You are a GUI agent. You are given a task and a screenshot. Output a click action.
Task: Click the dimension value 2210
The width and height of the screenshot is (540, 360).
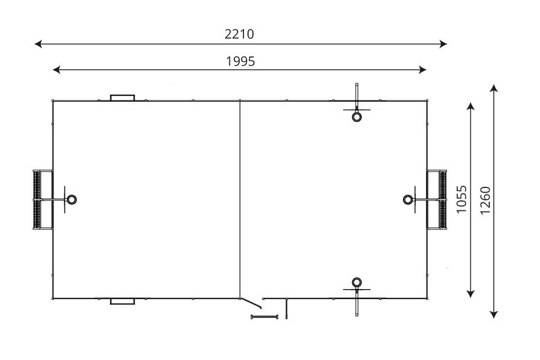click(x=239, y=34)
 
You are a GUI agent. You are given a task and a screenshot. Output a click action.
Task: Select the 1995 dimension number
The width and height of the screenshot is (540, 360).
click(x=240, y=61)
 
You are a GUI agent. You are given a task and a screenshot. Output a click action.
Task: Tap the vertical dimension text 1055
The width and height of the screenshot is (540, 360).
click(x=462, y=199)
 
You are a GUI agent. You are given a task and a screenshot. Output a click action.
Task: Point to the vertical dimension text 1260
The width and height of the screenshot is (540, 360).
click(x=486, y=201)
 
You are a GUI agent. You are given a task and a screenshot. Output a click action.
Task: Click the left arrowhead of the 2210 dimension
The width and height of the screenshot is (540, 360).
click(x=37, y=43)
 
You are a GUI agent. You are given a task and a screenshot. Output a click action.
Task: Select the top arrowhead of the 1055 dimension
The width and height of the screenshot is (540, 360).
click(x=471, y=105)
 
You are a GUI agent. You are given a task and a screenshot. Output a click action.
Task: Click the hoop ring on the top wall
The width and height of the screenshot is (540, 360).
click(x=356, y=116)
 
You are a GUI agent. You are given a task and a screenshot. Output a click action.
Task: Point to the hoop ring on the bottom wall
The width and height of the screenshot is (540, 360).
click(x=356, y=282)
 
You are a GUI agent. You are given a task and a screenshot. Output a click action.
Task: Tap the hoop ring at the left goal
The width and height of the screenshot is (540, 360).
click(x=71, y=200)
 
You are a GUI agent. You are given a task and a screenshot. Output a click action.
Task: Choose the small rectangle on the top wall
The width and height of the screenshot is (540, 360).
click(x=122, y=98)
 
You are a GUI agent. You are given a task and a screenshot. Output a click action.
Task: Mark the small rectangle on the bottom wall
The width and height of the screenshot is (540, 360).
click(x=122, y=301)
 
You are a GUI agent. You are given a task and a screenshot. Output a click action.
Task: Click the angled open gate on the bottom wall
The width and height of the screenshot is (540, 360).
click(x=252, y=303)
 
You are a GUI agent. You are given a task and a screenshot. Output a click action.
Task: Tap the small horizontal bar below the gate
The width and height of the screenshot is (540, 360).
click(x=264, y=317)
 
